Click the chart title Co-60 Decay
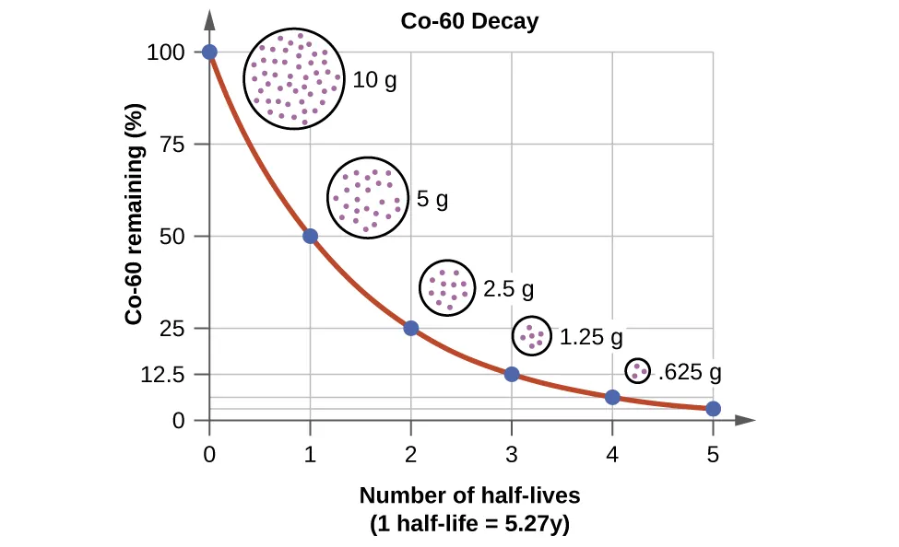click(469, 21)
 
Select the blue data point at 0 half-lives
click(210, 52)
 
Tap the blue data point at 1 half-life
click(311, 237)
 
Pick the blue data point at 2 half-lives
click(411, 329)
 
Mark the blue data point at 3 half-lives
click(512, 374)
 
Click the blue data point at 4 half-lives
click(612, 397)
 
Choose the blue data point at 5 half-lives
click(713, 409)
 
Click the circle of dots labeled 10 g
click(293, 79)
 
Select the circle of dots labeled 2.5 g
click(447, 288)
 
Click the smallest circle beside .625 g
click(637, 371)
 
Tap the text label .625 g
click(689, 373)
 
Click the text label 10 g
click(375, 80)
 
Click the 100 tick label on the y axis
click(173, 52)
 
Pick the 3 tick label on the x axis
click(512, 453)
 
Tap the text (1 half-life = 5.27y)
click(469, 525)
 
